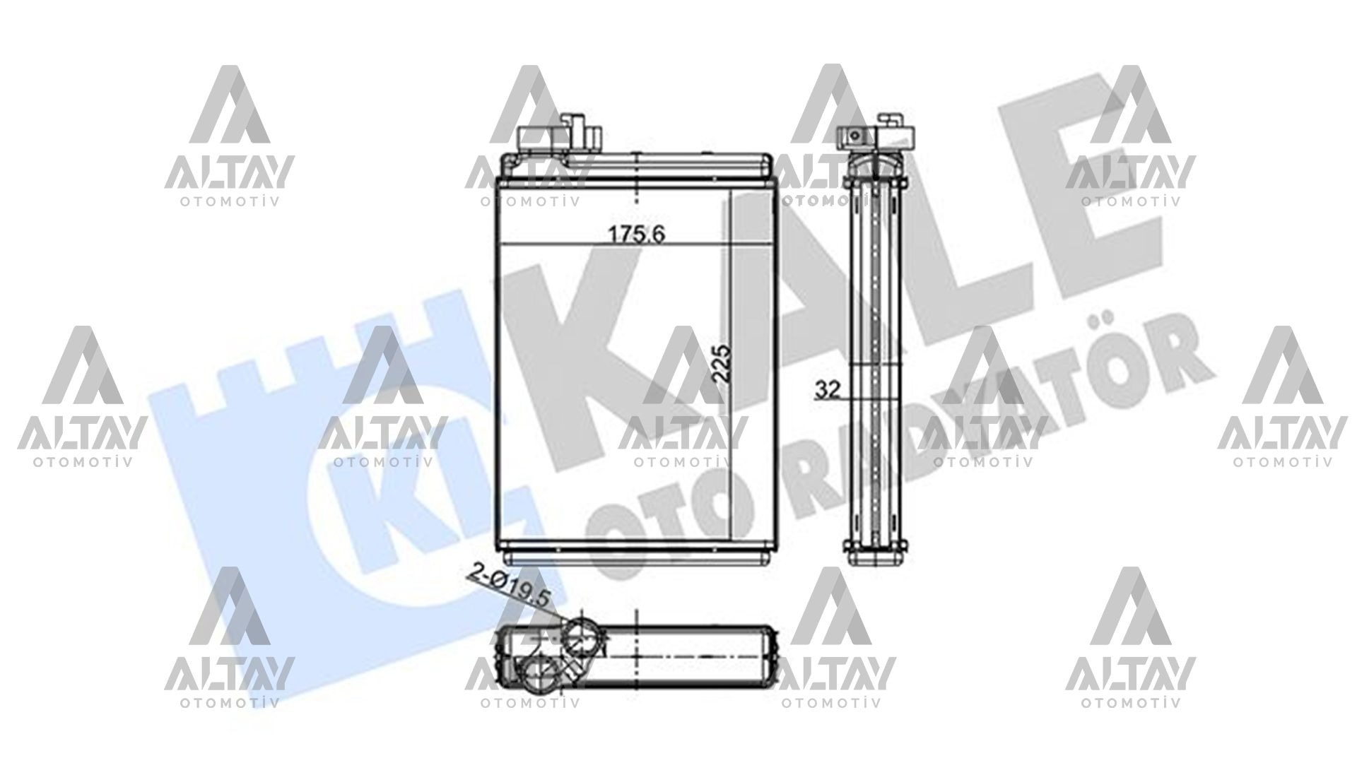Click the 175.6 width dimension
pyautogui.click(x=638, y=234)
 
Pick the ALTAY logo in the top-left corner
pyautogui.click(x=229, y=134)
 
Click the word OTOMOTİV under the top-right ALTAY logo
pyautogui.click(x=1130, y=201)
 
